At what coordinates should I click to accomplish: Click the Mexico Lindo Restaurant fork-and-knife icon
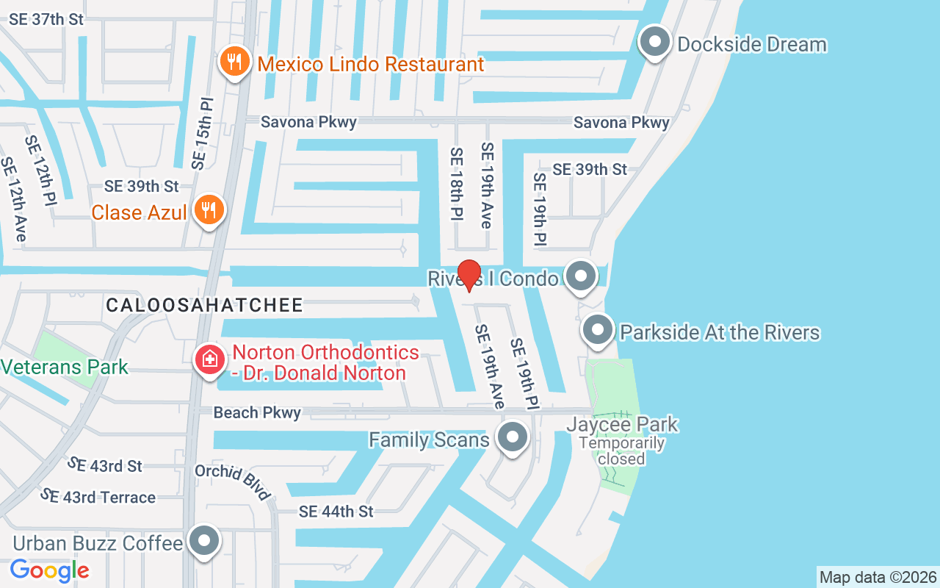[x=234, y=61]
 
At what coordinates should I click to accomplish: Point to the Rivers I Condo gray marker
[x=582, y=276]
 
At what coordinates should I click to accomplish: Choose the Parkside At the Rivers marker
[x=599, y=330]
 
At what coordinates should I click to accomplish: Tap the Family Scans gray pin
[x=512, y=437]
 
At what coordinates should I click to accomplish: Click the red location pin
[x=469, y=275]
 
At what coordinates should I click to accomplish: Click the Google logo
[x=50, y=570]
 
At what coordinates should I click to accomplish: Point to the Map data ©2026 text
[x=878, y=577]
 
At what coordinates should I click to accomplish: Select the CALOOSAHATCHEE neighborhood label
[x=204, y=306]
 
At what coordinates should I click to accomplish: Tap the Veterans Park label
[x=65, y=367]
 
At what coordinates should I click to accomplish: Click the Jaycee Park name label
[x=622, y=425]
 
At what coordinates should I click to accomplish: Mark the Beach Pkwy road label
[x=257, y=413]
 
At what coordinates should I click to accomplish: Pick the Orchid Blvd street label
[x=233, y=481]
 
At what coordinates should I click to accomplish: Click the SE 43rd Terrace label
[x=98, y=497]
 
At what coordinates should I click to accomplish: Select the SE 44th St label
[x=336, y=511]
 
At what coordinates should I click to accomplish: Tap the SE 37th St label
[x=46, y=20]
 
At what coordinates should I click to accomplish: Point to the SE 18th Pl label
[x=457, y=184]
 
